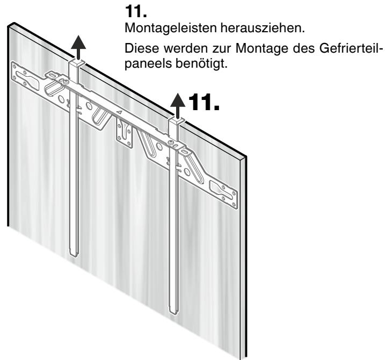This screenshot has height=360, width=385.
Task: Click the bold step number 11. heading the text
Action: (136, 11)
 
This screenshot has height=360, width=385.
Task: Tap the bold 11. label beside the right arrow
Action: (204, 102)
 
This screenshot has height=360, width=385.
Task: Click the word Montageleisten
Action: (171, 28)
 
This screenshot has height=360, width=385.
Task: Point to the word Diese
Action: (142, 48)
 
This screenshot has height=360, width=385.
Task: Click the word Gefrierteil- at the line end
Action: (351, 48)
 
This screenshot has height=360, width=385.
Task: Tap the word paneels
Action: (148, 64)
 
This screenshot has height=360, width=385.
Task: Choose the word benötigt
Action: (201, 64)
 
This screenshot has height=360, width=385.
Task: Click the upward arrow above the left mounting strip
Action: (78, 47)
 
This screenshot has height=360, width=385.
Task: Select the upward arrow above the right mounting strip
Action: (178, 106)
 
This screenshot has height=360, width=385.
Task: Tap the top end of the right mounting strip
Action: (177, 121)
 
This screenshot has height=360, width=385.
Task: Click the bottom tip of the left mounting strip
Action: (74, 256)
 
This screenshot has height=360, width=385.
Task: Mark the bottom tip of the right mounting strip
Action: (173, 313)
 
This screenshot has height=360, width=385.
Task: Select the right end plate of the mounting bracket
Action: (223, 195)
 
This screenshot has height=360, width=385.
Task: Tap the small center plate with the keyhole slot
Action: (125, 133)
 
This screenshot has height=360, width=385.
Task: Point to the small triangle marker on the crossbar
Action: (119, 112)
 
